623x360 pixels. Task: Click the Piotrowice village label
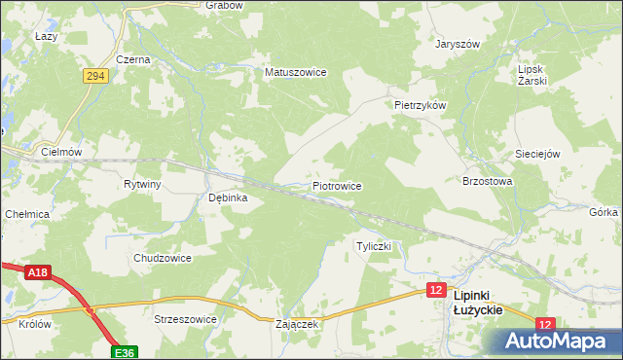pos(337,185)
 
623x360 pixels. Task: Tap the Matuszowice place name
pos(295,72)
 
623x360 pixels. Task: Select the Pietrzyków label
pos(420,105)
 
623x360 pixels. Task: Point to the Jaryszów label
pos(458,45)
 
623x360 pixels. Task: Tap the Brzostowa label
pos(487,181)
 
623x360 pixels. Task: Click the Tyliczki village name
pos(374,246)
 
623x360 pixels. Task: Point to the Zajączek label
pos(298,324)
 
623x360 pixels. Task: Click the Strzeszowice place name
pos(184,318)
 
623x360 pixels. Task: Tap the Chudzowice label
pos(163,258)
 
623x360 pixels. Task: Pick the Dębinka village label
pos(229,198)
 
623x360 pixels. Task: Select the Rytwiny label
pos(142,184)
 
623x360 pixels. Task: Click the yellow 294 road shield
pos(94,75)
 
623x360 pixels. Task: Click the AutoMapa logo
pos(555,342)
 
